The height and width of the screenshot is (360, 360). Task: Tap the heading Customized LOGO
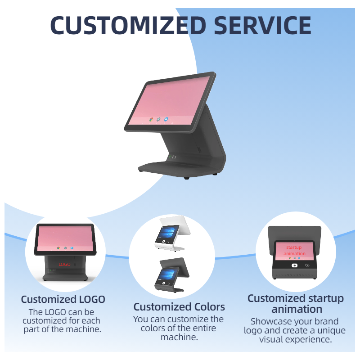[63, 299]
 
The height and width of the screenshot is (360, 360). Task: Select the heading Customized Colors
[179, 307]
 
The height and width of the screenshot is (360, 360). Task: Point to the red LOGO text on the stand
[64, 264]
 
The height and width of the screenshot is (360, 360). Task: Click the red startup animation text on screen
[295, 251]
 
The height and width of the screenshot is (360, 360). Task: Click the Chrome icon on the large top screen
[151, 120]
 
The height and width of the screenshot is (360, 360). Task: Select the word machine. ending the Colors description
[179, 337]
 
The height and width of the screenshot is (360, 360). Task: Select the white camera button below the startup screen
[294, 265]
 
